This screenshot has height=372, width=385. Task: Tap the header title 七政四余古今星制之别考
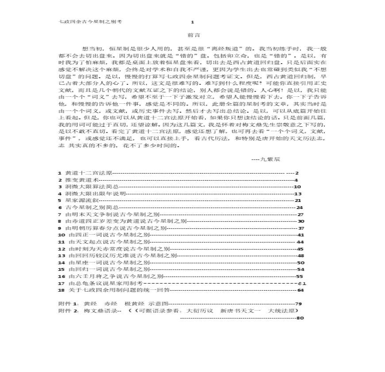pyautogui.click(x=90, y=21)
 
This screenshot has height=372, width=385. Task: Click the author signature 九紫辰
pyautogui.click(x=268, y=159)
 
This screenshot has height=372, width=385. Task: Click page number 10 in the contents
pyautogui.click(x=297, y=187)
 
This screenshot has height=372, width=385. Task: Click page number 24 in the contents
pyautogui.click(x=300, y=207)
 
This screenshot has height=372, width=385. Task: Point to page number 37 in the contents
pyautogui.click(x=301, y=228)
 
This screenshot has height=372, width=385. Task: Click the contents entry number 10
pyautogui.click(x=62, y=235)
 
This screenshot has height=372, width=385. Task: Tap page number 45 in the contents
pyautogui.click(x=300, y=249)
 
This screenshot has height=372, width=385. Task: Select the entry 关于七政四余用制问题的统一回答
pyautogui.click(x=119, y=290)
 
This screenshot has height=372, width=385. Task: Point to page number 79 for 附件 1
pyautogui.click(x=298, y=304)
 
